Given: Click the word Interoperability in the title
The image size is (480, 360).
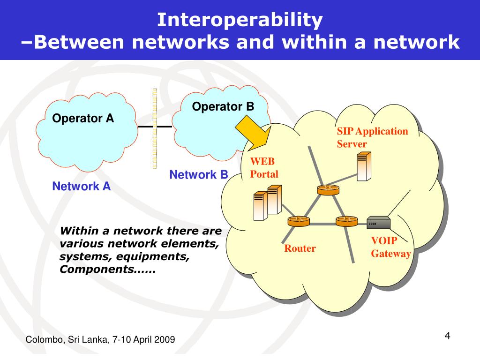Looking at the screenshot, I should click(240, 20).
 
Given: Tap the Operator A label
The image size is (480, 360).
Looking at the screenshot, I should click(83, 118).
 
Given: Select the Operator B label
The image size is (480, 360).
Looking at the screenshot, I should click(223, 107).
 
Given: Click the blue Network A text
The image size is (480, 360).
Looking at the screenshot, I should click(82, 187).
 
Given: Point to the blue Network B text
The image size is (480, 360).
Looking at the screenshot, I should click(198, 175).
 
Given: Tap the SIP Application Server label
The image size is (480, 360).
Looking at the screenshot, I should click(372, 137).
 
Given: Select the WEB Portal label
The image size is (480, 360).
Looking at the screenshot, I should click(264, 168).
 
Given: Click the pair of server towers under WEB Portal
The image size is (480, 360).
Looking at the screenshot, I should click(267, 202).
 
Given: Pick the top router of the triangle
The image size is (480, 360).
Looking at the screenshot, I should click(327, 190).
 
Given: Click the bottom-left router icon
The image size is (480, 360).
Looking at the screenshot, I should click(298, 221).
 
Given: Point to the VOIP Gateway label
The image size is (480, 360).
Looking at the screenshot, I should click(390, 247).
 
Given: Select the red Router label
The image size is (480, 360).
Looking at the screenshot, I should click(300, 248).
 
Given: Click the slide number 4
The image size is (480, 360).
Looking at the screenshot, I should click(447, 336).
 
